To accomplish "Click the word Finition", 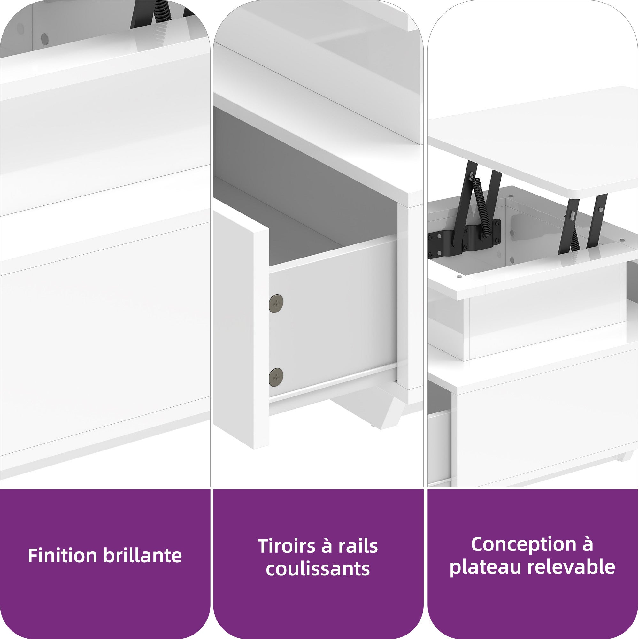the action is pos(63,555).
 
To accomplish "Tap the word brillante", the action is pos(143,555).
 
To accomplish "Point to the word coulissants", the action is pos(318,569).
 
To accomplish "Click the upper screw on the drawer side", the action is pos(276,302).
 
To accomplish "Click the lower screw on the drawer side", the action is pos(276,376).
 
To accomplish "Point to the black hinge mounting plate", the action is pos(465,238).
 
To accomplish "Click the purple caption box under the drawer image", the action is pos(318,564).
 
